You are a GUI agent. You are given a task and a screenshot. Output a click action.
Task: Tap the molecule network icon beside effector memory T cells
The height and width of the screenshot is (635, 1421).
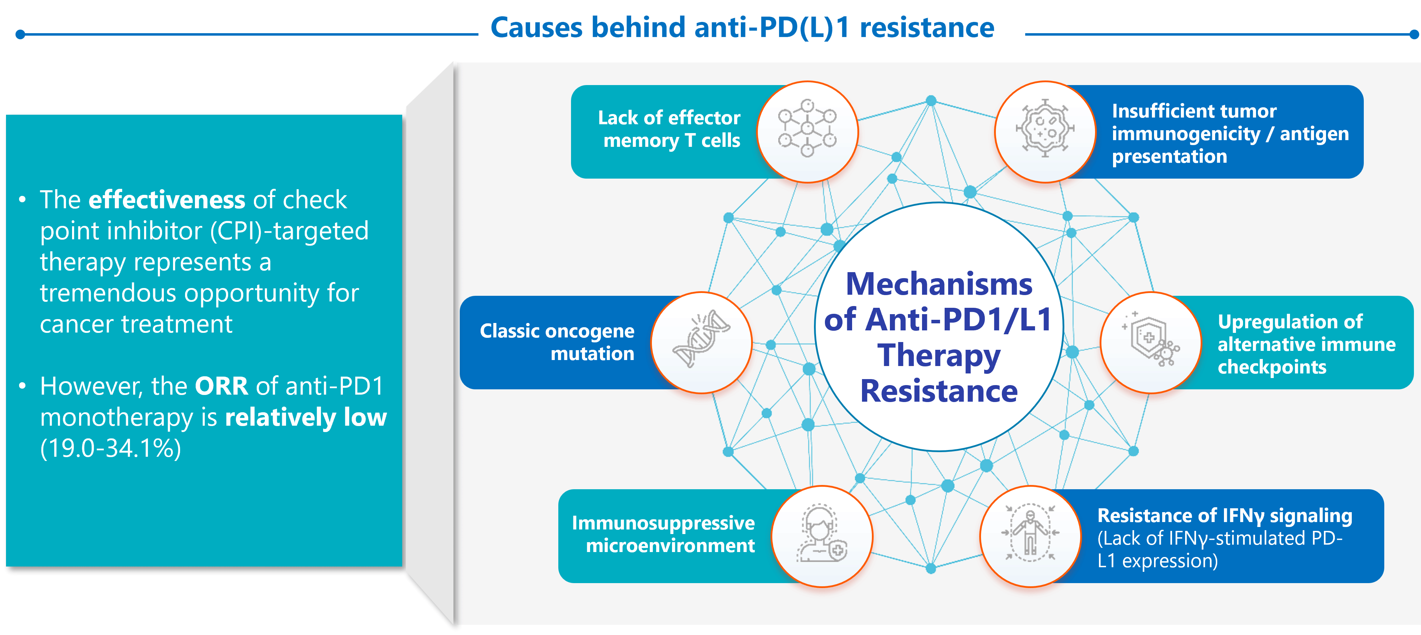coord(807,130)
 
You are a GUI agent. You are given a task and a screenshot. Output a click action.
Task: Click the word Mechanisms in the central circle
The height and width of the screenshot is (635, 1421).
coord(939,284)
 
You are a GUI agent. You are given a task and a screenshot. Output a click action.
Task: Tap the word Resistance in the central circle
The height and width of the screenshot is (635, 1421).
coord(939,391)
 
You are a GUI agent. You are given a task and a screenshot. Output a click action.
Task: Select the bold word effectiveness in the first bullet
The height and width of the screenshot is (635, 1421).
coord(167,199)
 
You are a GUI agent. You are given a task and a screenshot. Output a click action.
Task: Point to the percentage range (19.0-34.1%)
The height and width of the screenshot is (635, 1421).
coord(110,448)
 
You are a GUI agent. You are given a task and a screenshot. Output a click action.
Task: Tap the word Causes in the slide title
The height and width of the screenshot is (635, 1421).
coord(536,28)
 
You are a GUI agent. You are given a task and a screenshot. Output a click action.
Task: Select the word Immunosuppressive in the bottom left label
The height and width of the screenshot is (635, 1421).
coord(663,522)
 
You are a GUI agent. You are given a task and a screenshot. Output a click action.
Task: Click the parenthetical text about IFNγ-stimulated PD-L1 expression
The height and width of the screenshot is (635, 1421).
coord(1219,549)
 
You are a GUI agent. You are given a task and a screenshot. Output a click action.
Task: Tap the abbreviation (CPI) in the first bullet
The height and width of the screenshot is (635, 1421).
coord(237,231)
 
